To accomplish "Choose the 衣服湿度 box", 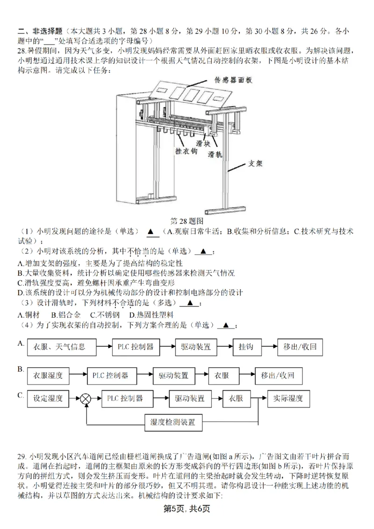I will (48, 375).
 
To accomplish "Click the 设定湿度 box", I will (48, 399).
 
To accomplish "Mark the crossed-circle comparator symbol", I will (86, 399).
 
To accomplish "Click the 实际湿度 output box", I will (288, 399).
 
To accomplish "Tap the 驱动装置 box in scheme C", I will (190, 399).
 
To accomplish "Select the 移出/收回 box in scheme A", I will (300, 347).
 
